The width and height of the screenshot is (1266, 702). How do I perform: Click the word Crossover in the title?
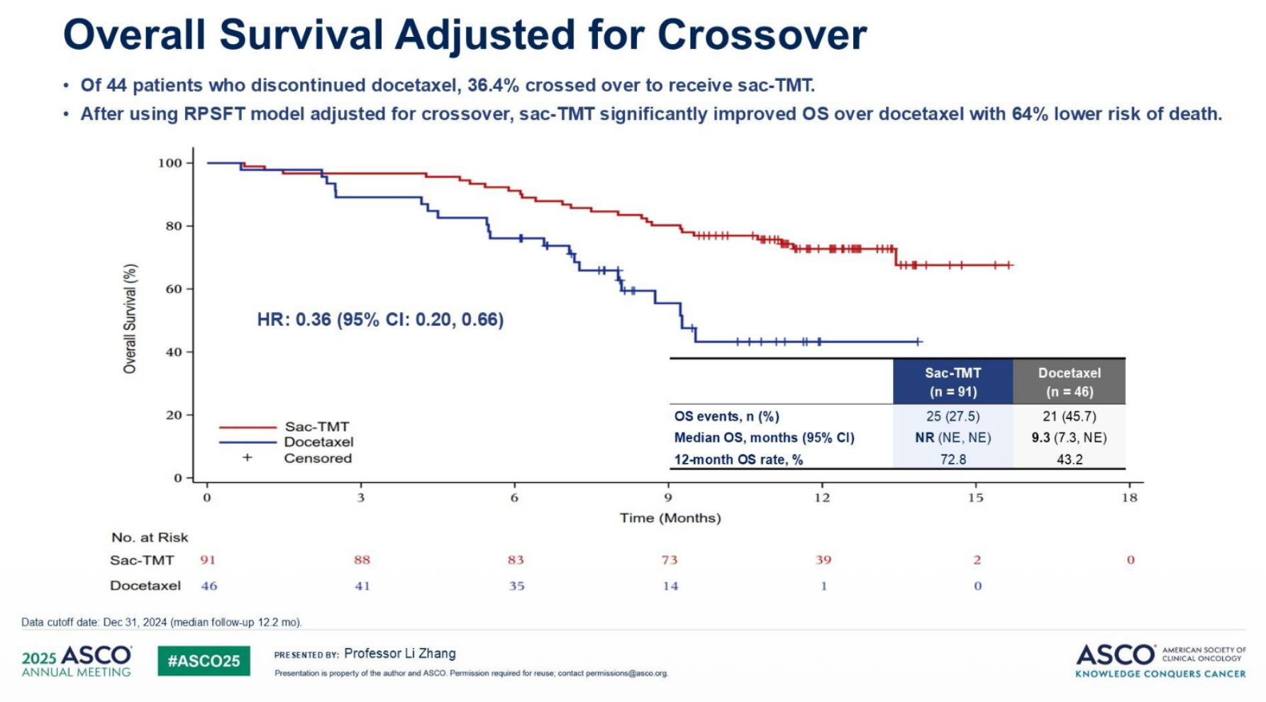762,34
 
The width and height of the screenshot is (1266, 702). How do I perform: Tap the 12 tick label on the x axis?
822,498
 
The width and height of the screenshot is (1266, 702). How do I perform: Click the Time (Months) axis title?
670,518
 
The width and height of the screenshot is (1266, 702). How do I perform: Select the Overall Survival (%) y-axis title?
130,319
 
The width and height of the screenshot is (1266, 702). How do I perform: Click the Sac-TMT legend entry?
284,427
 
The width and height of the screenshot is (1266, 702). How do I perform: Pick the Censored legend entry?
297,458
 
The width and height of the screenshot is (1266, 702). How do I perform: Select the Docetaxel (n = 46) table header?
1069,381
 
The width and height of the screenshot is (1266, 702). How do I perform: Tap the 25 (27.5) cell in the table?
953,416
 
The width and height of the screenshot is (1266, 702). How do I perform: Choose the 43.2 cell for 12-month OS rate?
1070,459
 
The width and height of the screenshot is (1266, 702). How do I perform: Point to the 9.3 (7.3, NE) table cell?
1069,438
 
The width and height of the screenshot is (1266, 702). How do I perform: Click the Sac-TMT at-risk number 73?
670,560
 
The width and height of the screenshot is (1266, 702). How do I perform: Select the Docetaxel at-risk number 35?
516,586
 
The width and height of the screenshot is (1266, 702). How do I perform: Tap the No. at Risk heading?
150,537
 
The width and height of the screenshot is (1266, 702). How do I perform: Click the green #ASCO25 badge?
204,661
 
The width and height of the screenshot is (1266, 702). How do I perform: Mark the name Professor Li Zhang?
400,654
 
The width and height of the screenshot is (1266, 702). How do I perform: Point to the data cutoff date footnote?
162,623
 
